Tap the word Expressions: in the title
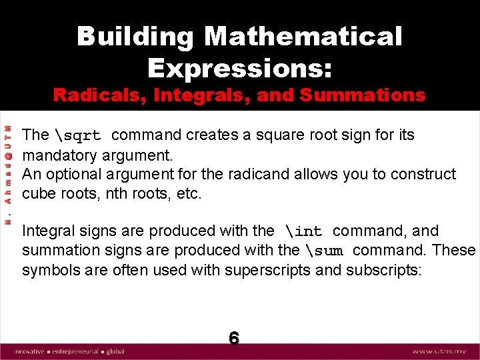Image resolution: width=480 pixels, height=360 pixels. click(x=240, y=68)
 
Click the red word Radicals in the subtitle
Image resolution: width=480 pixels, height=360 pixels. click(x=98, y=95)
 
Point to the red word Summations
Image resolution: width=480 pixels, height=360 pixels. click(x=362, y=95)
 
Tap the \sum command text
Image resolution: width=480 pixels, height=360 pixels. click(x=327, y=251)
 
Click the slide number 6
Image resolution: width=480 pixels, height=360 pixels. click(x=234, y=338)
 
